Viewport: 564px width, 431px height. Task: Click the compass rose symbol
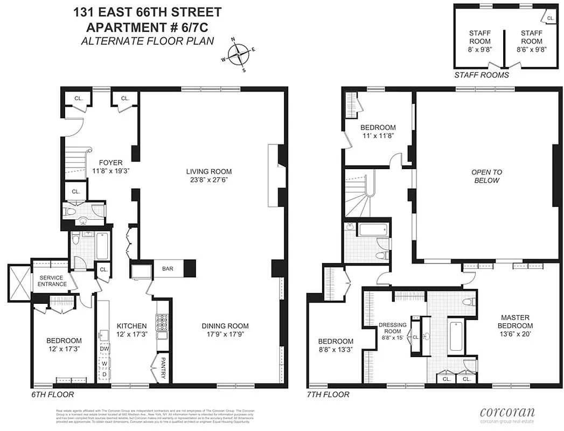[x=238, y=54]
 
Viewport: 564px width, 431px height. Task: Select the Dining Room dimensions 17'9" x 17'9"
[x=225, y=335]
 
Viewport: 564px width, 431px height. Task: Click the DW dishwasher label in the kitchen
[x=105, y=349]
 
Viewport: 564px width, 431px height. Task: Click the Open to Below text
[x=486, y=176]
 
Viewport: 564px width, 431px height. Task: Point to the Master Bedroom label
[x=516, y=322]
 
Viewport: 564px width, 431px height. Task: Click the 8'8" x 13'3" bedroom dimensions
[x=335, y=350]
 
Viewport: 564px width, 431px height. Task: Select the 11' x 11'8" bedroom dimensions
[x=378, y=136]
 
